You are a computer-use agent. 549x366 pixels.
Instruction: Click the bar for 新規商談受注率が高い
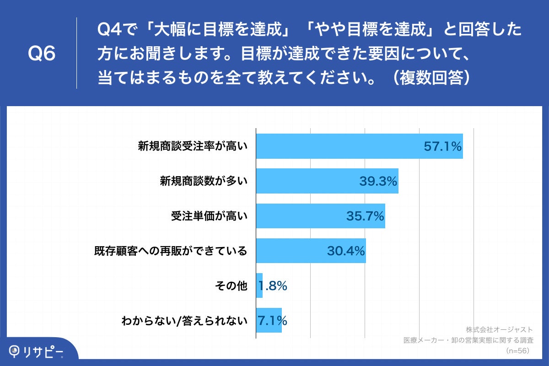[359, 146]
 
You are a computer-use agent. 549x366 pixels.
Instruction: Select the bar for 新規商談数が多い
[327, 181]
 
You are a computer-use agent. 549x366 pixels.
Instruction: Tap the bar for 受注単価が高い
[320, 216]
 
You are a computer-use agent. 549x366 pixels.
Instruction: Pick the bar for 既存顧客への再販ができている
[311, 251]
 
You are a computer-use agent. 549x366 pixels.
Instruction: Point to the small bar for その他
[259, 285]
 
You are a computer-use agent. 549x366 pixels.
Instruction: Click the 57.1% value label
[442, 146]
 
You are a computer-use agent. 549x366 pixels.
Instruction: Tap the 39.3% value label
[377, 181]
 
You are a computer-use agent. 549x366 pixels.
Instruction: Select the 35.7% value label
[365, 216]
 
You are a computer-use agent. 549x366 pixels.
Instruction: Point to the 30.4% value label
[345, 251]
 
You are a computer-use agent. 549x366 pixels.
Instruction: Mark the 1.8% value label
[273, 286]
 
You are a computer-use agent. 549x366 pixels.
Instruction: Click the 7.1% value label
[273, 320]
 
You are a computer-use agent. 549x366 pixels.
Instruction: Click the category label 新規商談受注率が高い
[193, 146]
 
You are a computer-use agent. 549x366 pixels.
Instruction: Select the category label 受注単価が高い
[209, 216]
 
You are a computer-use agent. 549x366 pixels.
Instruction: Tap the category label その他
[231, 286]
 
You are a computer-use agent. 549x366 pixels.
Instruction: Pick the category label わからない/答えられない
[184, 320]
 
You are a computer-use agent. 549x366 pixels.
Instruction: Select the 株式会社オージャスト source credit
[499, 329]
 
